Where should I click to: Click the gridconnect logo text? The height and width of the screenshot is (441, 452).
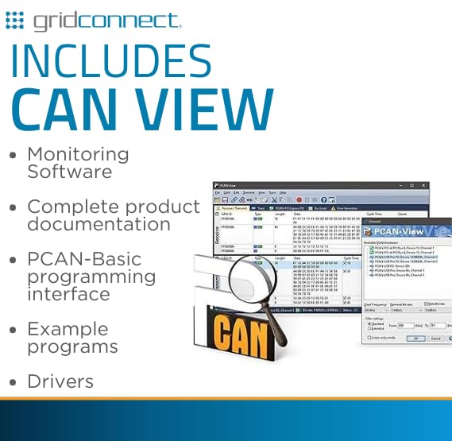pyautogui.click(x=106, y=19)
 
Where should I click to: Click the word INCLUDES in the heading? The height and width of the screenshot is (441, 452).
pyautogui.click(x=111, y=62)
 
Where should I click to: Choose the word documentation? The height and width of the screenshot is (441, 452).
pyautogui.click(x=99, y=224)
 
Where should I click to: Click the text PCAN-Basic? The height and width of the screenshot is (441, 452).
pyautogui.click(x=84, y=259)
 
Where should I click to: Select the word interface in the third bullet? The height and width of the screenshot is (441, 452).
pyautogui.click(x=68, y=294)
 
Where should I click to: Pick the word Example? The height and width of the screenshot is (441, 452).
pyautogui.click(x=68, y=329)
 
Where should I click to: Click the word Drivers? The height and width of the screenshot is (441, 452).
pyautogui.click(x=60, y=381)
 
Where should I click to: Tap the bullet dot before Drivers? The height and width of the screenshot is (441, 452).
pyautogui.click(x=13, y=382)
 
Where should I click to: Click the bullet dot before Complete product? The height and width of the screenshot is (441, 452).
pyautogui.click(x=13, y=207)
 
